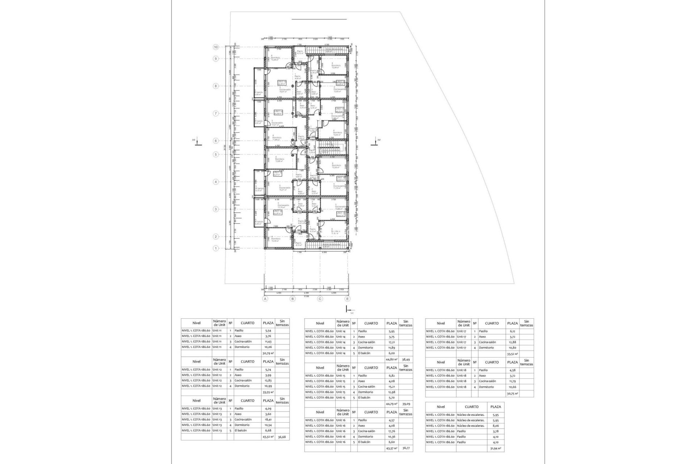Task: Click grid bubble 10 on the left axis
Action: pyautogui.click(x=216, y=47)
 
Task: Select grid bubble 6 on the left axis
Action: pyautogui.click(x=216, y=141)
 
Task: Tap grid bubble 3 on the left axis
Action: pyautogui.click(x=216, y=209)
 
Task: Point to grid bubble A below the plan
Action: pyautogui.click(x=265, y=299)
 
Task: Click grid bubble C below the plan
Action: pyautogui.click(x=320, y=299)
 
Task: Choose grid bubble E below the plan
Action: pyautogui.click(x=348, y=299)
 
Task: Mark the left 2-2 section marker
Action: pyautogui.click(x=196, y=142)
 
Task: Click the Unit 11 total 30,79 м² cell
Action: pyautogui.click(x=268, y=353)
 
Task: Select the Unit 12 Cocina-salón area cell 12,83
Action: pyautogui.click(x=268, y=381)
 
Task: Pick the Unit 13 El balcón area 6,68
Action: pyautogui.click(x=268, y=430)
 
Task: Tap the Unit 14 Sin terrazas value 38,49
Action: pyautogui.click(x=406, y=360)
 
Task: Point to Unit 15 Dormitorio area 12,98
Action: pyautogui.click(x=391, y=392)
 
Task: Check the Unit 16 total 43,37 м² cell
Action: pyautogui.click(x=391, y=448)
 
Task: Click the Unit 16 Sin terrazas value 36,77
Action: pyautogui.click(x=406, y=448)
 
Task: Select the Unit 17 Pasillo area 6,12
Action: pyautogui.click(x=512, y=331)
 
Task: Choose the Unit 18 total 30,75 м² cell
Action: pyautogui.click(x=512, y=393)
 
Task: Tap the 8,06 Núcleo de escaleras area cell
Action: pyautogui.click(x=496, y=426)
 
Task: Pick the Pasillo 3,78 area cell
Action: pyautogui.click(x=496, y=431)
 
